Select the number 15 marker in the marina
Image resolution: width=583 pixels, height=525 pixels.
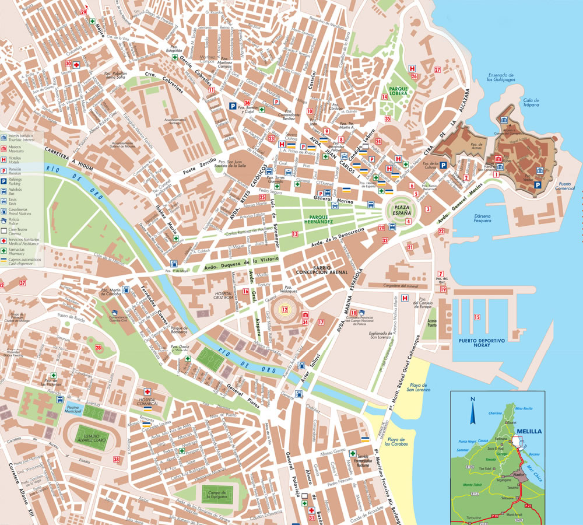[476, 317]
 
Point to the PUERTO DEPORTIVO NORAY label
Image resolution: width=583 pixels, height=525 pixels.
[481, 342]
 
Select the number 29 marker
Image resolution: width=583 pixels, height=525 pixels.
[84, 12]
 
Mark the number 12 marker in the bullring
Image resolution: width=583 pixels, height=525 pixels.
[285, 310]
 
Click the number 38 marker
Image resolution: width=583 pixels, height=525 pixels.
[116, 460]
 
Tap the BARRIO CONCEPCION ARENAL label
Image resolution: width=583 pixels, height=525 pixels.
[322, 269]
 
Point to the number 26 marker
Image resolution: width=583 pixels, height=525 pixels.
[413, 76]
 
